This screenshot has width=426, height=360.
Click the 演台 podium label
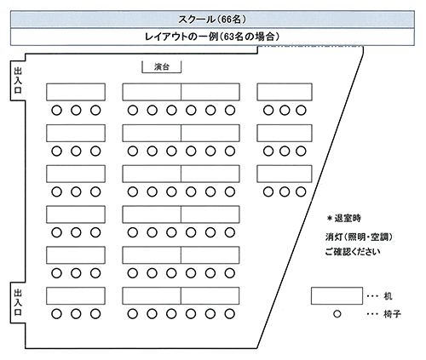(x=162, y=67)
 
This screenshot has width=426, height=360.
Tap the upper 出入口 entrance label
(x=18, y=81)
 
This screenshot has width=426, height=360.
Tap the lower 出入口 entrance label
(x=18, y=302)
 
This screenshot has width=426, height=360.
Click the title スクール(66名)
(x=212, y=20)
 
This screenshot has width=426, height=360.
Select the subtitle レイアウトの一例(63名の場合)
(x=212, y=37)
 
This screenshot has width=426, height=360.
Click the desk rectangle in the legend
(x=337, y=296)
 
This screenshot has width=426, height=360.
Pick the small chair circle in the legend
(x=337, y=314)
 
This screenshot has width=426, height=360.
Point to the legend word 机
(x=388, y=296)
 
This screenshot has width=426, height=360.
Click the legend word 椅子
(x=392, y=314)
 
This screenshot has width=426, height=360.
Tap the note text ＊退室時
(x=344, y=218)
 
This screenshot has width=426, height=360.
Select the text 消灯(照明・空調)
(x=359, y=237)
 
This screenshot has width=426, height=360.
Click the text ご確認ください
(x=353, y=252)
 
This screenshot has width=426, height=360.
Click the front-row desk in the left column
(x=76, y=92)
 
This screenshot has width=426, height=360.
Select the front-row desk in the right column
(x=285, y=92)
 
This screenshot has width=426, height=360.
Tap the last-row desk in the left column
(x=76, y=296)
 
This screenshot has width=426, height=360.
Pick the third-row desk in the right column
(x=285, y=174)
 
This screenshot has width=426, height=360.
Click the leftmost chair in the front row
(x=56, y=110)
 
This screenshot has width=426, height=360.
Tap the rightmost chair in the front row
(x=301, y=110)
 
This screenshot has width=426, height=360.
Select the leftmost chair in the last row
(x=56, y=314)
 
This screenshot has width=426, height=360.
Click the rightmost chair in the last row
(x=229, y=314)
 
